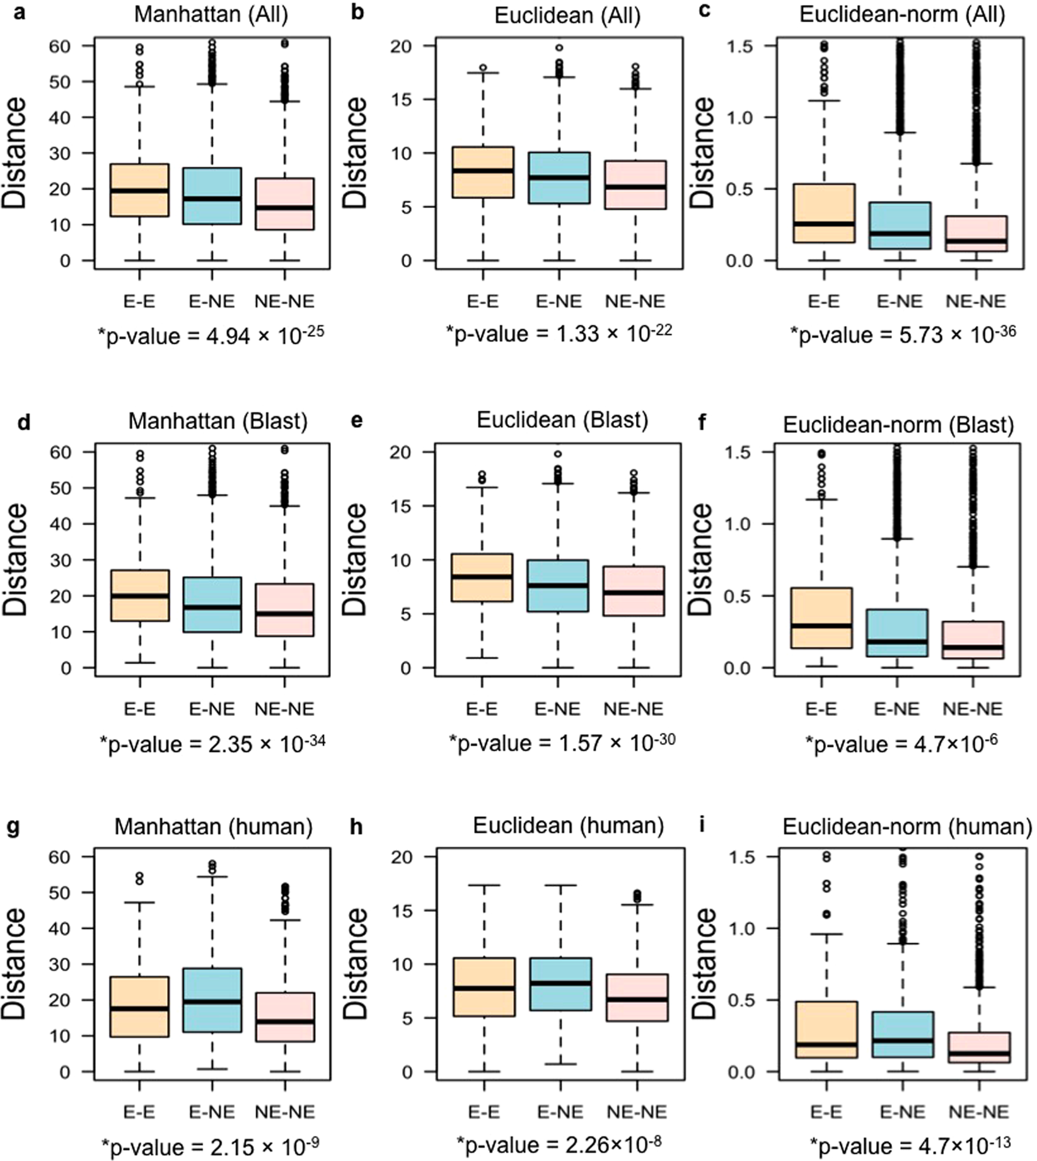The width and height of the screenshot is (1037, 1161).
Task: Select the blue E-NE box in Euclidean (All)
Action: pyautogui.click(x=559, y=178)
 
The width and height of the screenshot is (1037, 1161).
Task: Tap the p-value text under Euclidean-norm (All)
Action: pyautogui.click(x=903, y=334)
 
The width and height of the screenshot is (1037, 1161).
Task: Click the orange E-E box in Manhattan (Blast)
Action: pyautogui.click(x=139, y=596)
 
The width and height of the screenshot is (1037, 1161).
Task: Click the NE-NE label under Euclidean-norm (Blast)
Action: pyautogui.click(x=973, y=710)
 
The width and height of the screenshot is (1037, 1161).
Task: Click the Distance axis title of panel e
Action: pyautogui.click(x=356, y=559)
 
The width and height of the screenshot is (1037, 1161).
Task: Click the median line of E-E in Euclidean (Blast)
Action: pyautogui.click(x=481, y=576)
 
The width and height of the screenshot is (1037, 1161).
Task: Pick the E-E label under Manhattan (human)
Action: pyautogui.click(x=139, y=1112)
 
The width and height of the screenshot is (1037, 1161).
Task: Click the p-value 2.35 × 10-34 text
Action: pyautogui.click(x=212, y=744)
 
